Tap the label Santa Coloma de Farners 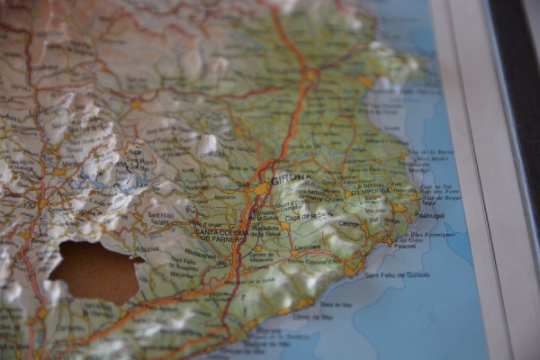pyautogui.click(x=224, y=235)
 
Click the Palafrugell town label pyautogui.click(x=430, y=216)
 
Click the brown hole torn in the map pyautogui.click(x=94, y=271)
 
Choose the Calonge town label pyautogui.click(x=349, y=223)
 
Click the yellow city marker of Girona pyautogui.click(x=261, y=189)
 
